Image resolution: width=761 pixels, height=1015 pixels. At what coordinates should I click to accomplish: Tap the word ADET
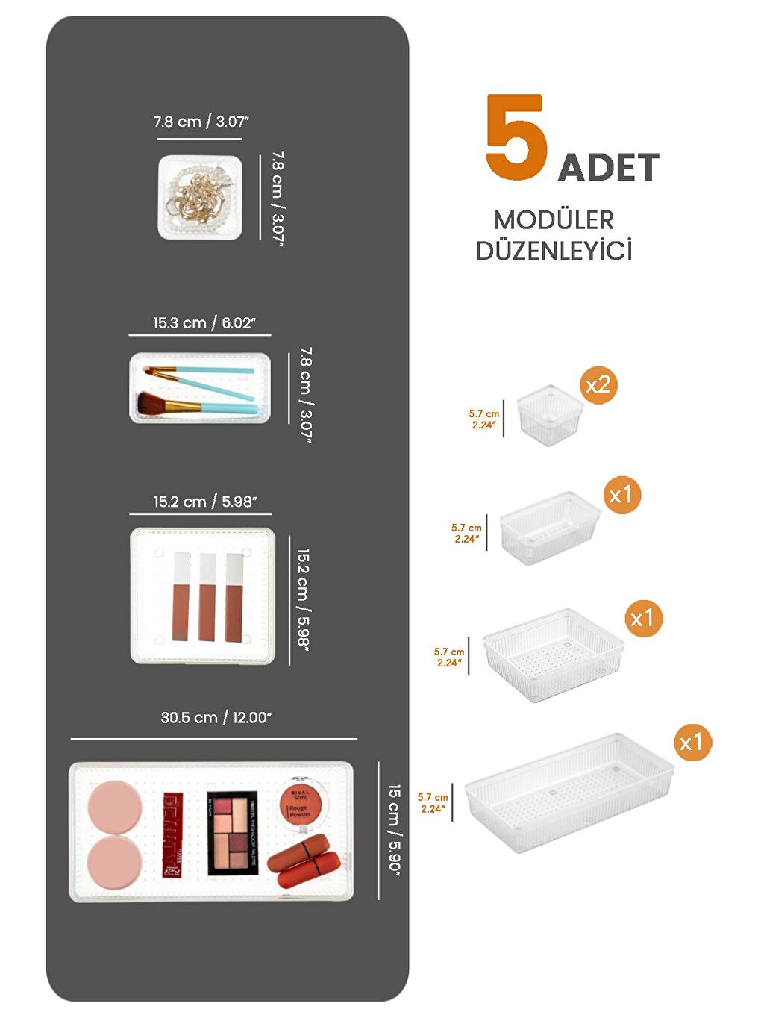click(x=608, y=168)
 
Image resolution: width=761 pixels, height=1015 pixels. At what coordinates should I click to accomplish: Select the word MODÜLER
click(x=554, y=220)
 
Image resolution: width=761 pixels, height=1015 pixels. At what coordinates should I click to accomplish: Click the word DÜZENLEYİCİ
click(x=554, y=251)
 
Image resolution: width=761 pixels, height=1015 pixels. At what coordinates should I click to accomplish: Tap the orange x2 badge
click(x=598, y=385)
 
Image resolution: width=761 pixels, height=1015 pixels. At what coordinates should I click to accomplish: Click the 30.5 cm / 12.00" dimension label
click(x=216, y=718)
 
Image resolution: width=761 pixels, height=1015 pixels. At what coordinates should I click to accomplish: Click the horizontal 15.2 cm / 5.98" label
click(x=204, y=502)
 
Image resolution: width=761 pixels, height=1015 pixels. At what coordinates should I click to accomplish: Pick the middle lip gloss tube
click(x=207, y=598)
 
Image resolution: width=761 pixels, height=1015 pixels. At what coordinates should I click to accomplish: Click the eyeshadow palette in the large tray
click(x=232, y=833)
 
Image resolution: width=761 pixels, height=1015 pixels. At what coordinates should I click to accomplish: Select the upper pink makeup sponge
click(x=114, y=807)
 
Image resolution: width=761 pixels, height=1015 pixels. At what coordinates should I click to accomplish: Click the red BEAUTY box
click(x=173, y=835)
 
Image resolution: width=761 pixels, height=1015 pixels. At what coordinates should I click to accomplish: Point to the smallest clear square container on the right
click(x=549, y=415)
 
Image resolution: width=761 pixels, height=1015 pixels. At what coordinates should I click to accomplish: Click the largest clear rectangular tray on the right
click(x=569, y=792)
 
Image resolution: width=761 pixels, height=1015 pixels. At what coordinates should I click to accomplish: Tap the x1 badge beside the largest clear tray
click(x=691, y=742)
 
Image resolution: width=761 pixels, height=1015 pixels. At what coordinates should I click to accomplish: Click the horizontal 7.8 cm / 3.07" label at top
click(x=201, y=122)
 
